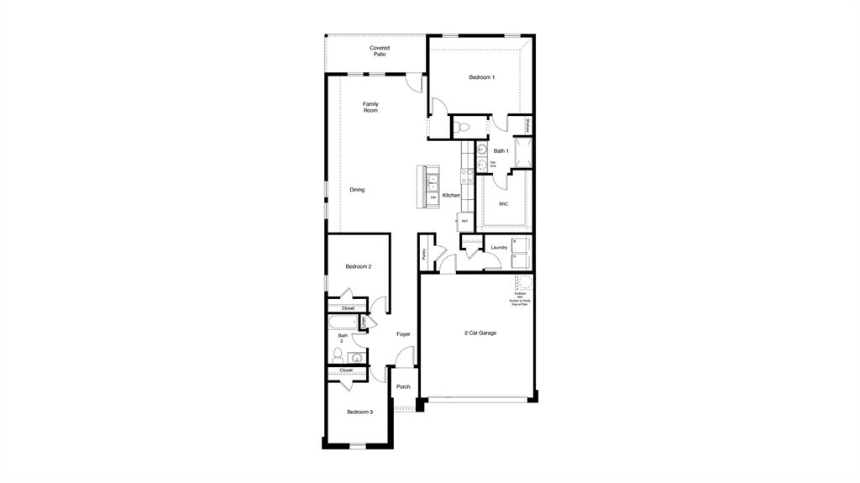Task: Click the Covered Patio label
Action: click(380, 51)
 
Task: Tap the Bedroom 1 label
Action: click(481, 77)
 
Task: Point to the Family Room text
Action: click(370, 108)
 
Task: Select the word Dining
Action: click(357, 190)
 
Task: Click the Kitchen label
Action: click(451, 196)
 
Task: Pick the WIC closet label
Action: click(503, 203)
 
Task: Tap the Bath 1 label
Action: click(501, 151)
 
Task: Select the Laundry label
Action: click(499, 247)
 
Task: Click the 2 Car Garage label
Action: click(480, 333)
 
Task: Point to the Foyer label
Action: click(404, 334)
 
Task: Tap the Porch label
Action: click(403, 387)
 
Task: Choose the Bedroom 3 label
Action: click(359, 412)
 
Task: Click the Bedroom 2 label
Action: click(359, 266)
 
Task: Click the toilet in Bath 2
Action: click(338, 355)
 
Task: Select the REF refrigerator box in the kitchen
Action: click(464, 222)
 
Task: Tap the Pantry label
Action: click(425, 253)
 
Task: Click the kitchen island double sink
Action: click(434, 183)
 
